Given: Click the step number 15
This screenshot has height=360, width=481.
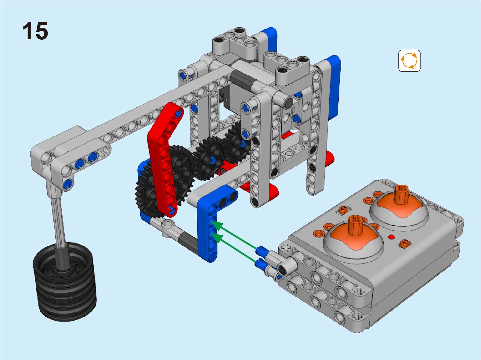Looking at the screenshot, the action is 35,31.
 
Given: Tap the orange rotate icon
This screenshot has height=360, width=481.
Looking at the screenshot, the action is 409,61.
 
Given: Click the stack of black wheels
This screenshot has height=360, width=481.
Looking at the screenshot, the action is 64,283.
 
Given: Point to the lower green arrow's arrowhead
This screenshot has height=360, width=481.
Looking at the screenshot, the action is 217,237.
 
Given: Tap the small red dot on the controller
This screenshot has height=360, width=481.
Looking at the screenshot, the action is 391,237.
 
